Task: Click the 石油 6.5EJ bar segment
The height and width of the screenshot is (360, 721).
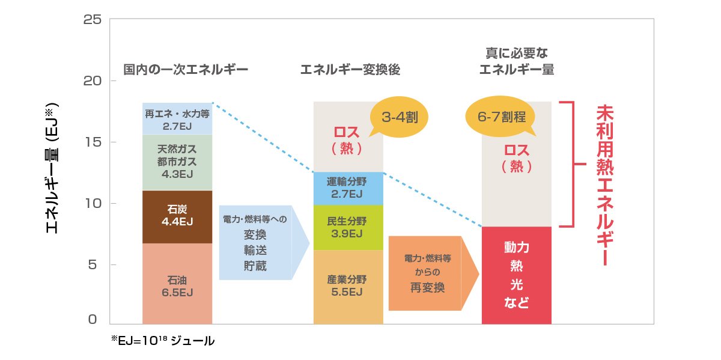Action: point(177,285)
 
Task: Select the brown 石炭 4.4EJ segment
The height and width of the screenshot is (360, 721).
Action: point(177,216)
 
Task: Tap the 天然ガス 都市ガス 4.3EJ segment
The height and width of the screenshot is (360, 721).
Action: point(177,161)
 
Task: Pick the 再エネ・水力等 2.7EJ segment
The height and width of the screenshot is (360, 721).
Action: point(177,119)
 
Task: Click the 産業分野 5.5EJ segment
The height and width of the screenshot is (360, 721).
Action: point(348,286)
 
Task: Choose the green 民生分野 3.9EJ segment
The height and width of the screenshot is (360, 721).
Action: point(348,227)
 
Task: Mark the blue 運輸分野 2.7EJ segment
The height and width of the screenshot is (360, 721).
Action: point(348,188)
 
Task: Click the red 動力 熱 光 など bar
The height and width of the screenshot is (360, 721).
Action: point(516,275)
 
